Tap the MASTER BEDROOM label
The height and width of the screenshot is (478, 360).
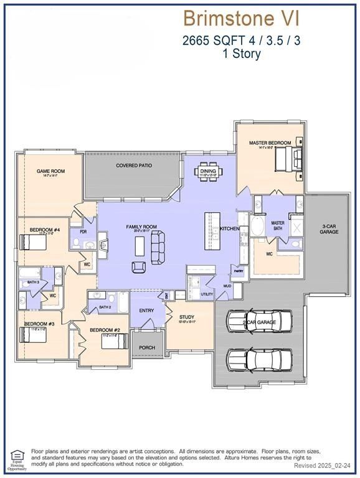tap(270, 143)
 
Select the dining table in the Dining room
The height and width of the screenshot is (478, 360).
tap(207, 171)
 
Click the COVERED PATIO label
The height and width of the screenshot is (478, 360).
tap(134, 166)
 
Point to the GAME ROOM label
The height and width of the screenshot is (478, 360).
tap(50, 171)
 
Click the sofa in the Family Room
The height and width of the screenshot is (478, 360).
tap(158, 245)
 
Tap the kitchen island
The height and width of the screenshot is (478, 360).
tap(212, 235)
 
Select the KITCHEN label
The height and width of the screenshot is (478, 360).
tap(229, 229)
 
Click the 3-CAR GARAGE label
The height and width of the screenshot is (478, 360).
tap(329, 228)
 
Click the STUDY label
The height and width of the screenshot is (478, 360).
tap(187, 317)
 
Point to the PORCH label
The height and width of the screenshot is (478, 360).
tap(147, 348)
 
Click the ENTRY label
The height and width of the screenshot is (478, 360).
tap(146, 311)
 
